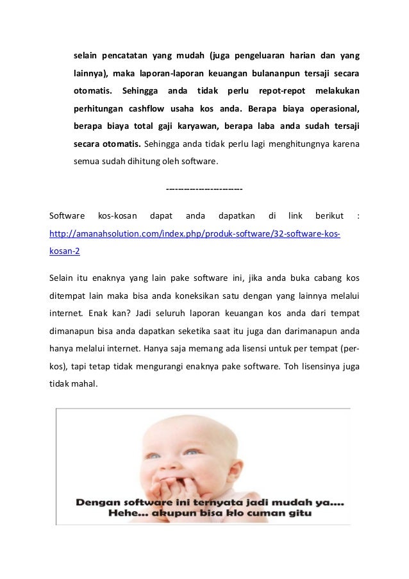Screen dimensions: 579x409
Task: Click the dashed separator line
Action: [204, 190]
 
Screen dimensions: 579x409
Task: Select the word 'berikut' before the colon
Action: [330, 215]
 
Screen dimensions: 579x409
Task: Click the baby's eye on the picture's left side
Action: [154, 456]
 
